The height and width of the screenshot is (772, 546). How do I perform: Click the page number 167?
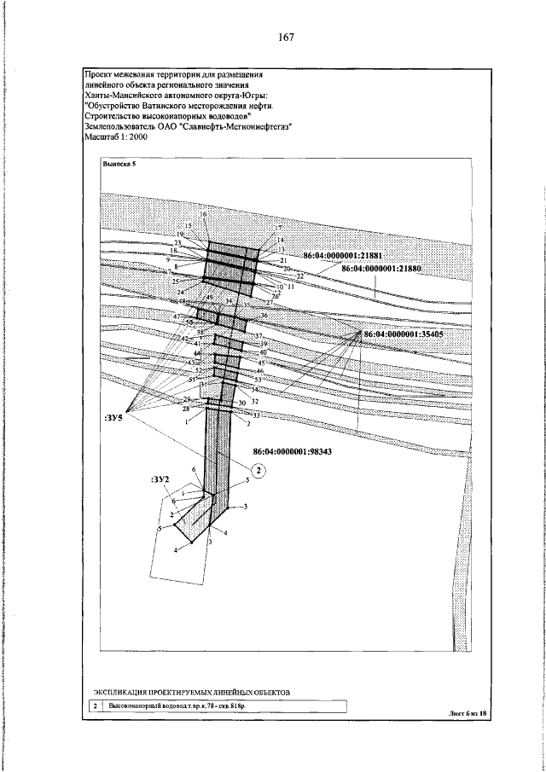(x=286, y=38)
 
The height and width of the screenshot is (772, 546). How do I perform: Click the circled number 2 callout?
(x=259, y=468)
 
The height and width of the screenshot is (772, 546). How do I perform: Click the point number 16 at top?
(x=204, y=214)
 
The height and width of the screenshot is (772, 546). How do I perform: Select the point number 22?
(x=299, y=276)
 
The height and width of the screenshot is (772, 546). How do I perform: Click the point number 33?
(x=257, y=415)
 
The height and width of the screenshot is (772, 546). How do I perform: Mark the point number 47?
(x=177, y=316)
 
